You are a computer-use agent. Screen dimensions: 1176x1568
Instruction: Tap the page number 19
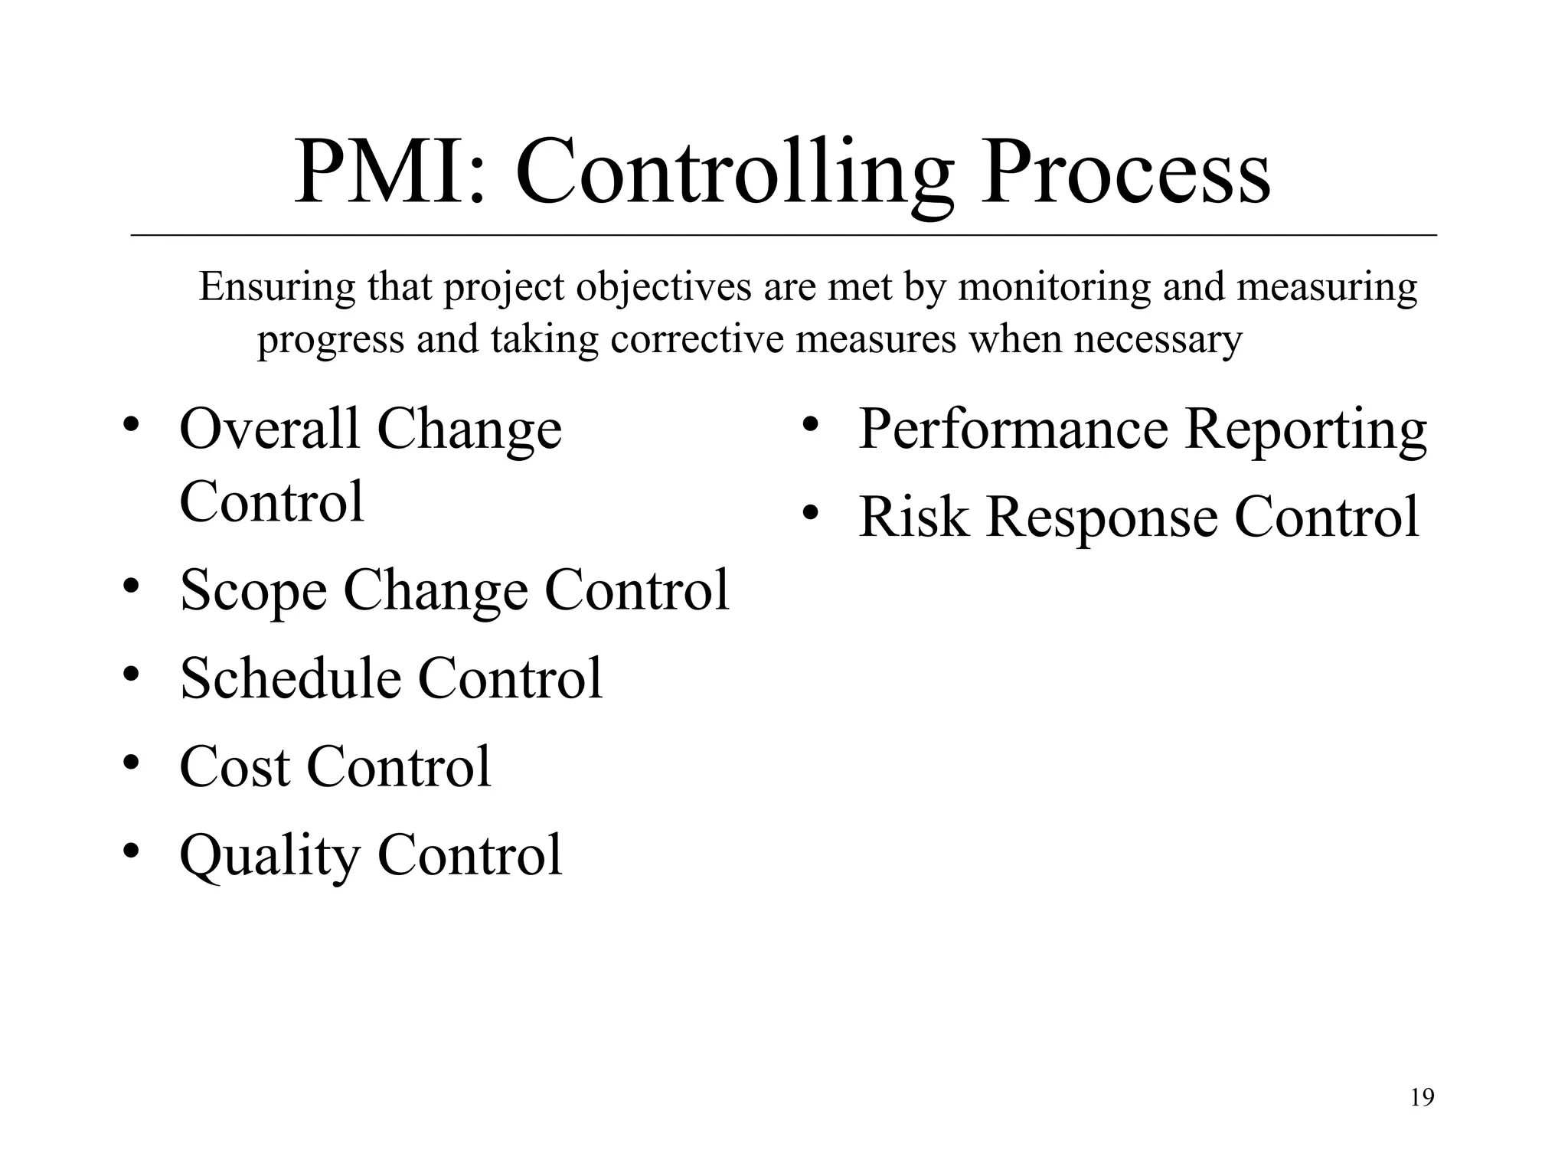pyautogui.click(x=1422, y=1098)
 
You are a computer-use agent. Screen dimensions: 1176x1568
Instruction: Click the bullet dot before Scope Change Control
pyautogui.click(x=132, y=586)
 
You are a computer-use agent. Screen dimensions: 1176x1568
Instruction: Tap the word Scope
pyautogui.click(x=253, y=591)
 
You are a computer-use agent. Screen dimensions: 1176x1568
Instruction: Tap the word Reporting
pyautogui.click(x=1305, y=430)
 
